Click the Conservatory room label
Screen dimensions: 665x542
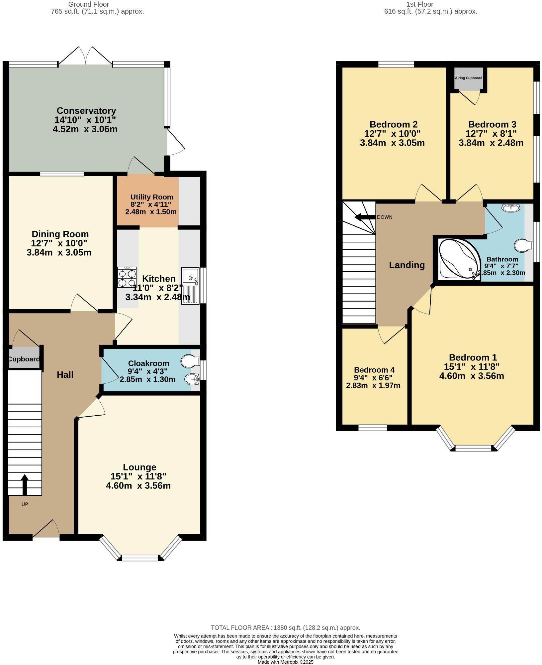[x=86, y=111]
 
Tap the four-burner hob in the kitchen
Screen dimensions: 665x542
[x=127, y=277]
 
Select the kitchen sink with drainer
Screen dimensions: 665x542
[x=191, y=286]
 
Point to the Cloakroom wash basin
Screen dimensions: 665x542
[x=191, y=378]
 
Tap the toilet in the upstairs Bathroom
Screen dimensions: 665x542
[x=522, y=246]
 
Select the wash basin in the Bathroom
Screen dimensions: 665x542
[x=511, y=208]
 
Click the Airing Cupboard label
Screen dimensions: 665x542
[x=468, y=78]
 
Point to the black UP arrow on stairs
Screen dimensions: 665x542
[x=25, y=484]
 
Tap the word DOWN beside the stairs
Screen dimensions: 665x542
[x=385, y=217]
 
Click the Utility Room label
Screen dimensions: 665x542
[x=152, y=197]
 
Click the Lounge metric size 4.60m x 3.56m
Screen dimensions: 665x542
[x=138, y=486]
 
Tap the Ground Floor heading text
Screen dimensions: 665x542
[x=88, y=4]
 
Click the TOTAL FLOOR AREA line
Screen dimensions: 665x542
[x=285, y=628]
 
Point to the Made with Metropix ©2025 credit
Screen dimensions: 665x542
[x=285, y=662]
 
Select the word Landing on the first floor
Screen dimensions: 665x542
[x=407, y=265]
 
